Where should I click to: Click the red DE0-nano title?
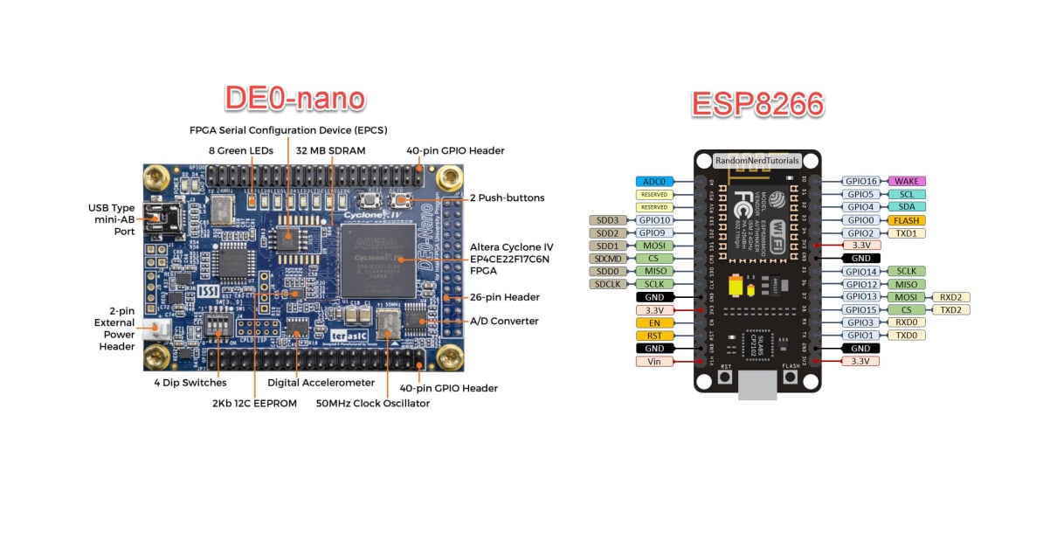[x=294, y=97]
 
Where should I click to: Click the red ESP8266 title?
[x=757, y=103]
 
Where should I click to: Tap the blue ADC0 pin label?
[x=653, y=181]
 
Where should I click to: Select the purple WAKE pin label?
[x=906, y=181]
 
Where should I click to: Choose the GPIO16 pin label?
[x=860, y=181]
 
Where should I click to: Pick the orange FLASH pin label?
[x=906, y=220]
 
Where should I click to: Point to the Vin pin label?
[x=653, y=361]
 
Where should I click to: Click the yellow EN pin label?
[x=653, y=322]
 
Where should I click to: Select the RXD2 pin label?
[x=951, y=297]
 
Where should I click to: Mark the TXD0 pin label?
[x=906, y=336]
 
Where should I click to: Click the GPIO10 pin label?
[x=653, y=220]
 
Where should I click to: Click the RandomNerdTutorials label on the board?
[x=756, y=161]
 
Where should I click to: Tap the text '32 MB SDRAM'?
[x=331, y=150]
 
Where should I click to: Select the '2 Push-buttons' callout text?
[x=507, y=197]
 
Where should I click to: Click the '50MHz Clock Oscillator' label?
[x=373, y=403]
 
